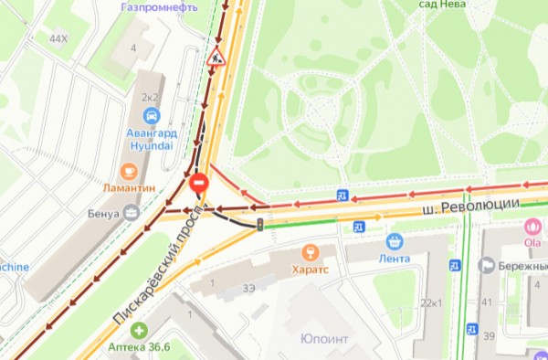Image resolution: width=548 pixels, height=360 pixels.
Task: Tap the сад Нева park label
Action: (442, 5)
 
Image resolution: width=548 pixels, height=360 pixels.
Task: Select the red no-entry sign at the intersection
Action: (200, 185)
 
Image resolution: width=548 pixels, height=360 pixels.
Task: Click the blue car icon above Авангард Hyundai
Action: (152, 116)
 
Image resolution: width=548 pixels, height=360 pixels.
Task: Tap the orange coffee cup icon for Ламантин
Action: (129, 171)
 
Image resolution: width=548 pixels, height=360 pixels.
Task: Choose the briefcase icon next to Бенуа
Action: (132, 214)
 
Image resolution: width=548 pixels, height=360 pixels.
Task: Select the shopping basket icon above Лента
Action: (395, 242)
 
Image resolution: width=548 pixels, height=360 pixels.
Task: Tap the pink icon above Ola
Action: (533, 227)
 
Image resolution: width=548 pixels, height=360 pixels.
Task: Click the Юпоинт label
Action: (324, 339)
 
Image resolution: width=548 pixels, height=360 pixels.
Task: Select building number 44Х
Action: (58, 38)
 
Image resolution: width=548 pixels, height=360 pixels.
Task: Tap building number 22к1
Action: (430, 302)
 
